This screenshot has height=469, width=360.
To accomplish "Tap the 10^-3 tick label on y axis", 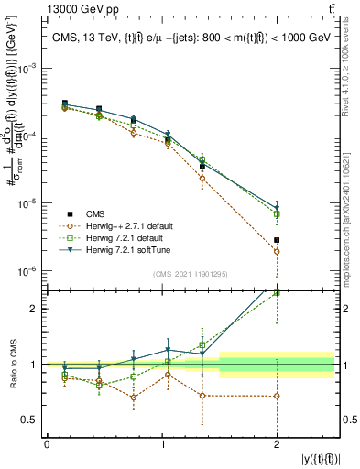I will (x=30, y=69).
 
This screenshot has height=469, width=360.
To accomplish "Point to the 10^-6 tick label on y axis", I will (x=30, y=271).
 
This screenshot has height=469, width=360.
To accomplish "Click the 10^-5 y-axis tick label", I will (x=30, y=203).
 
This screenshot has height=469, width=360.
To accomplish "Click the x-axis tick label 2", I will (x=277, y=443).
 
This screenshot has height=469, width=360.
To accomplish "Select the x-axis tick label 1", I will (x=161, y=443).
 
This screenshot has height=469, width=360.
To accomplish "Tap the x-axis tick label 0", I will (x=47, y=443).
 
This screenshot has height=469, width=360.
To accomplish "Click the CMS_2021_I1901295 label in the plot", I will (x=191, y=273).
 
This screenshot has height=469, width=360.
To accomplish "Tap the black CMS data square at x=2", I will (x=277, y=240).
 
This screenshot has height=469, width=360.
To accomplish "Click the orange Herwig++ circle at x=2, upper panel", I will (x=277, y=251).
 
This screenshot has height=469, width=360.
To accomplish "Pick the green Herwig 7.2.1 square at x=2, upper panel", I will (x=277, y=214).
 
